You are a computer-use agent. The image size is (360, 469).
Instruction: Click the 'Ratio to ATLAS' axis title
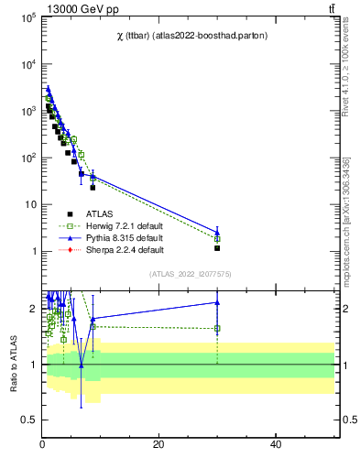pyautogui.click(x=13, y=364)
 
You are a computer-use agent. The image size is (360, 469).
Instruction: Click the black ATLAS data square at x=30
pyautogui.click(x=217, y=247)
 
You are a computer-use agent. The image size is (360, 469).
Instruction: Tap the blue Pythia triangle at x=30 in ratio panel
pyautogui.click(x=217, y=302)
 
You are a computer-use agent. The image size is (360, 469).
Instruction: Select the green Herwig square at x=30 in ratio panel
pyautogui.click(x=217, y=328)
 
